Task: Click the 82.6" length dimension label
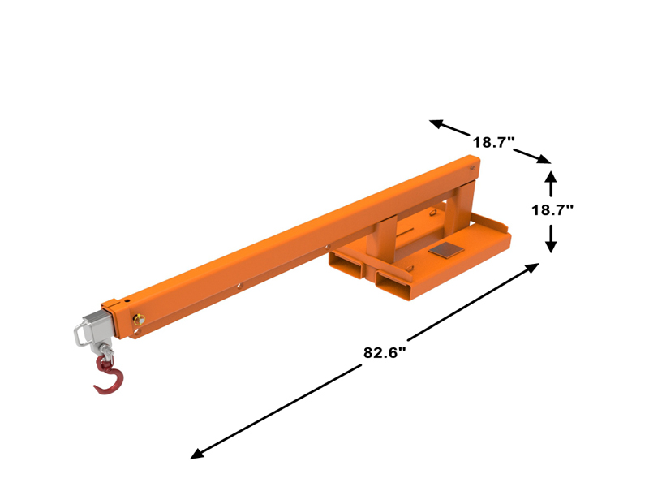coord(385,353)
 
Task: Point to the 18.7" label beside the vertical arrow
coord(552,209)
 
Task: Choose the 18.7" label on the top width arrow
coord(494,142)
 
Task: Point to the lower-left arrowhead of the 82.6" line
coord(196,455)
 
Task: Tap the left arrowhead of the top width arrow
coord(436,123)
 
